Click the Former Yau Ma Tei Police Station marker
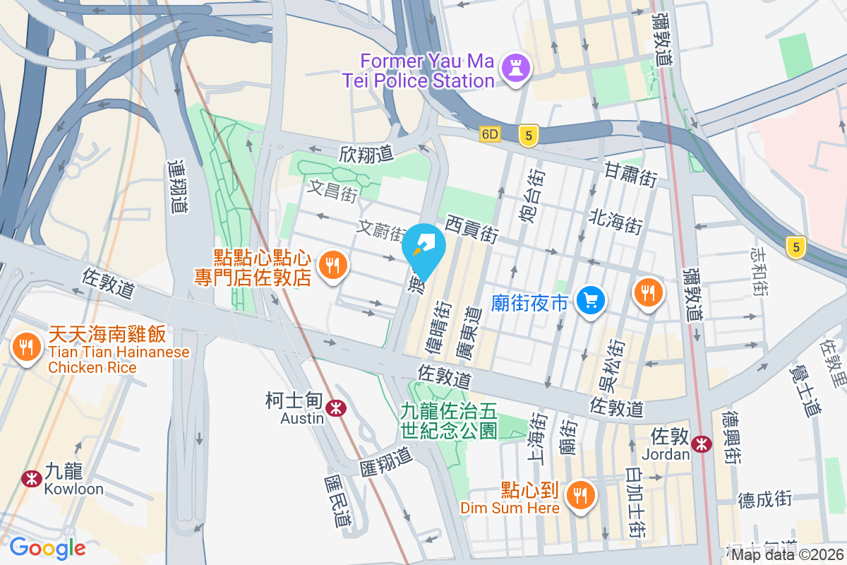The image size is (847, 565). tap(516, 69)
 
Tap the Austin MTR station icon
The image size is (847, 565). tap(336, 406)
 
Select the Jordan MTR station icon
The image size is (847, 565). tap(701, 444)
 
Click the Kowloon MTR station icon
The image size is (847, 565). tap(31, 478)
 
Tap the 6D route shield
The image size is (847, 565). tap(490, 134)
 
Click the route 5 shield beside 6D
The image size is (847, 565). tap(527, 136)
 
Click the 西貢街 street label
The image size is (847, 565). tap(472, 229)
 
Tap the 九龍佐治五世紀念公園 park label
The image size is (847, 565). tap(449, 420)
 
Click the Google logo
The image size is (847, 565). tap(47, 547)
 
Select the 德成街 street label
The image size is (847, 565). tap(765, 500)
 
